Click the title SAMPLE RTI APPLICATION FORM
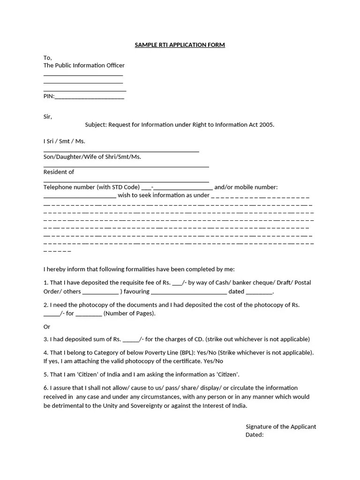pos(180,45)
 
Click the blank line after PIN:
pos(90,97)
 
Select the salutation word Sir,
pos(48,117)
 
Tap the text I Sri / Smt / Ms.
pos(64,141)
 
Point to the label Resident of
pos(59,172)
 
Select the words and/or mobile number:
pos(246,187)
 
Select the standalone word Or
pos(47,327)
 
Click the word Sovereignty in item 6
pos(140,405)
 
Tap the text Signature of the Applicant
pos(281,427)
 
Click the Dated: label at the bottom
pos(255,435)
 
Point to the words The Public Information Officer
pos(84,66)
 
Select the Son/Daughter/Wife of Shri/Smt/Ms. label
pos(92,157)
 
